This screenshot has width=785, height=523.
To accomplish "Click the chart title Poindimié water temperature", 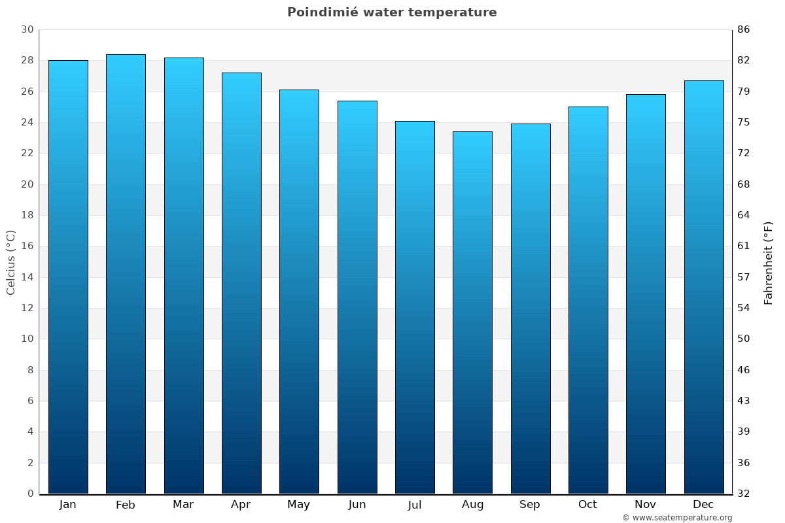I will [x=392, y=12].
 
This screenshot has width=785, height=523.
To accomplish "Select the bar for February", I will [x=126, y=274].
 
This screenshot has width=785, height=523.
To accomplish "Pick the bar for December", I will [x=704, y=287].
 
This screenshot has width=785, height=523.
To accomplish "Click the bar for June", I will [x=357, y=297].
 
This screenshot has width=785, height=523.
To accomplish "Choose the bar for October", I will [x=588, y=300].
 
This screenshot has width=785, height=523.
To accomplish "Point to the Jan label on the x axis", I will [x=68, y=505].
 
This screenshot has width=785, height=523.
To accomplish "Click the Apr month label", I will [x=241, y=505].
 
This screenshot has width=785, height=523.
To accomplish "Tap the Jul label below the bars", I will [x=415, y=505].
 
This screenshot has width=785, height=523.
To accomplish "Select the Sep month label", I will [x=530, y=505].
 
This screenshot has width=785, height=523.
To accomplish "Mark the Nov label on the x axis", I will [x=646, y=505].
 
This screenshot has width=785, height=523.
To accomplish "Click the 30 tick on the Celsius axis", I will [x=27, y=29].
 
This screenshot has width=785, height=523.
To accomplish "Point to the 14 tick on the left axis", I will [x=27, y=277].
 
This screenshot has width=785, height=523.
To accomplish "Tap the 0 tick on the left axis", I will [x=30, y=494].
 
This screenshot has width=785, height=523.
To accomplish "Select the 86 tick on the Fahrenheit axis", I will [x=744, y=29].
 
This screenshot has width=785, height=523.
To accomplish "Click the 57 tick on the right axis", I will [x=744, y=277].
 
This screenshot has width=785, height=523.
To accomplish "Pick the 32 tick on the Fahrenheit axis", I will [x=744, y=494].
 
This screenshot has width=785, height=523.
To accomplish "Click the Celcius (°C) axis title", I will [x=10, y=262].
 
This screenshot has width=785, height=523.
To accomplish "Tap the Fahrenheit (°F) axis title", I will [x=769, y=262].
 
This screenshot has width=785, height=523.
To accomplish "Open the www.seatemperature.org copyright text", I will [x=677, y=518].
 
